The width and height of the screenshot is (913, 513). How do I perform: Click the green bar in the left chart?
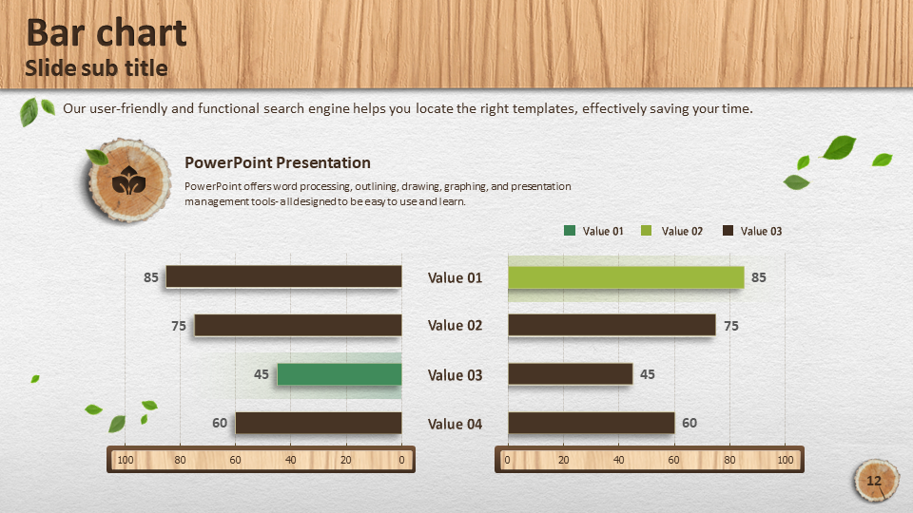(340, 374)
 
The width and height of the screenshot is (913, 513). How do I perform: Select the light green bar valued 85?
(626, 277)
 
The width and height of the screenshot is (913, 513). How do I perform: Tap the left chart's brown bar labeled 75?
(298, 326)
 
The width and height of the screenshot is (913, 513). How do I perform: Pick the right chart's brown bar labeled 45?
(571, 374)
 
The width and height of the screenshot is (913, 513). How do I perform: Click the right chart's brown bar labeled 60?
(592, 423)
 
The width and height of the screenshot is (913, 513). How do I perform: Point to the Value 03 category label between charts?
(455, 375)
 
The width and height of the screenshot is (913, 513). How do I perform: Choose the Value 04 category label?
(455, 424)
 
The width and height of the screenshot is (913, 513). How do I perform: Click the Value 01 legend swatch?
(570, 230)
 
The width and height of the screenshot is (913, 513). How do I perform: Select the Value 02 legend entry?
(671, 231)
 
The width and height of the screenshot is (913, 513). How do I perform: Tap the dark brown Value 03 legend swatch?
(728, 230)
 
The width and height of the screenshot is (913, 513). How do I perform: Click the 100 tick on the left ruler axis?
(126, 460)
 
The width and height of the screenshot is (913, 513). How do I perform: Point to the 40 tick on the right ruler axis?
(618, 460)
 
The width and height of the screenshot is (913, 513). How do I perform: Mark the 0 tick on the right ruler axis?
(507, 460)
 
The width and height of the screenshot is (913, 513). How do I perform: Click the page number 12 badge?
(875, 481)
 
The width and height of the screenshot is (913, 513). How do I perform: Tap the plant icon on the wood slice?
(128, 180)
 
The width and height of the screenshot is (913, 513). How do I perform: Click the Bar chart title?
(107, 32)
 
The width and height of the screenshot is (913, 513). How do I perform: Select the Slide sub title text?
(96, 68)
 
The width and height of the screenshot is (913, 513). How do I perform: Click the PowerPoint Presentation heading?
(277, 162)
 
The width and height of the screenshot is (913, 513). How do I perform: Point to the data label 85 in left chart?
(151, 277)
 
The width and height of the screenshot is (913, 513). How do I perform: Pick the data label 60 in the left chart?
(220, 423)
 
